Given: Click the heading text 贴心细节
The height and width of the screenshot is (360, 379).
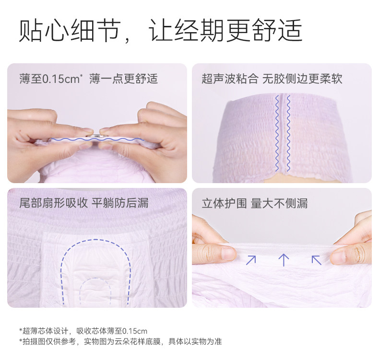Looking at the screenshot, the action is pyautogui.click(x=70, y=31).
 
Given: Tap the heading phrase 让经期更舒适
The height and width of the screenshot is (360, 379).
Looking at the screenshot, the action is pyautogui.click(x=225, y=31).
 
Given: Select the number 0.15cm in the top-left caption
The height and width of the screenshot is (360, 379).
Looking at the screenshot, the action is pyautogui.click(x=61, y=79).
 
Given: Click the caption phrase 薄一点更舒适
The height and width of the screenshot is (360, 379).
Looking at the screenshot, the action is pyautogui.click(x=123, y=79).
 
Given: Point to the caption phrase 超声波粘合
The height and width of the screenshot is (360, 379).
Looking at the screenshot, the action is pyautogui.click(x=230, y=79).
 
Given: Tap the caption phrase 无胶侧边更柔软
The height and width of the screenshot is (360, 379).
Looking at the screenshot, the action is pyautogui.click(x=302, y=79).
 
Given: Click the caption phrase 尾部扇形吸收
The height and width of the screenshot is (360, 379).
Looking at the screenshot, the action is pyautogui.click(x=53, y=203).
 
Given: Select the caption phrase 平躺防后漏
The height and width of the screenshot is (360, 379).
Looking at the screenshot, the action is pyautogui.click(x=120, y=203).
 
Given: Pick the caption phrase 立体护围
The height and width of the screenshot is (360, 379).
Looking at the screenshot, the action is pyautogui.click(x=225, y=203).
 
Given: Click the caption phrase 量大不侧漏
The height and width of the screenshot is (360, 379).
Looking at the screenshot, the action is pyautogui.click(x=279, y=203).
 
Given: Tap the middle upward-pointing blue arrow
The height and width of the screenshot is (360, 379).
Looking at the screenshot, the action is pyautogui.click(x=284, y=260).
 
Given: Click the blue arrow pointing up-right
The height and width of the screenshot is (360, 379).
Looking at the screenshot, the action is pyautogui.click(x=251, y=260).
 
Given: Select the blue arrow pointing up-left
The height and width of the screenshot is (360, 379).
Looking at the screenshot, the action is pyautogui.click(x=317, y=260).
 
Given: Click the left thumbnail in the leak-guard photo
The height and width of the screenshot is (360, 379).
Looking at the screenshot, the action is pyautogui.click(x=228, y=254).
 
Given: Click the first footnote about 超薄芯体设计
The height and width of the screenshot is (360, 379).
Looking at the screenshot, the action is pyautogui.click(x=83, y=331).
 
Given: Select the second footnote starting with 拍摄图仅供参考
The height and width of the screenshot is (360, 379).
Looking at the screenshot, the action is pyautogui.click(x=120, y=341).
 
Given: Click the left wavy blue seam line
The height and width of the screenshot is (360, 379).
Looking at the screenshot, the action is pyautogui.click(x=277, y=133).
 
